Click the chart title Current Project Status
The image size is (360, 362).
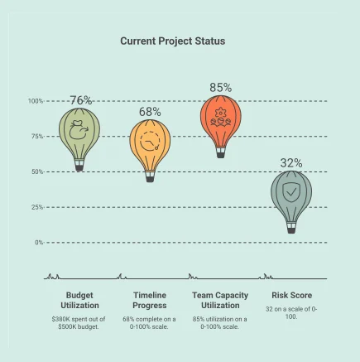(x=172, y=41)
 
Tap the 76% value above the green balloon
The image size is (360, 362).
(x=81, y=100)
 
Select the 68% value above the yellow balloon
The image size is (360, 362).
(x=151, y=112)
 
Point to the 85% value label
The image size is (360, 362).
(x=220, y=87)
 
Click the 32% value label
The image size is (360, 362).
(x=291, y=163)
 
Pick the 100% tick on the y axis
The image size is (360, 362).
(x=36, y=101)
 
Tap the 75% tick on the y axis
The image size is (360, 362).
(x=37, y=137)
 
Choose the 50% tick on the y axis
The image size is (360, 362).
(x=37, y=171)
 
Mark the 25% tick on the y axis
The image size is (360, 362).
(x=37, y=207)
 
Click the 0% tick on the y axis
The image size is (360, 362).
(x=39, y=242)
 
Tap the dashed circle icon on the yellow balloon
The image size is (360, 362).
(x=150, y=141)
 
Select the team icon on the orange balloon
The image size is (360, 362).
(x=219, y=116)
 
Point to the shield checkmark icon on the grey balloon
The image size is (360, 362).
(x=291, y=192)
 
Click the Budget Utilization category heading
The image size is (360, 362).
(x=81, y=300)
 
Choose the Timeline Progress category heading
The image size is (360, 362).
(x=151, y=300)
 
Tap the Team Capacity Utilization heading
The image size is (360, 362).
(x=219, y=300)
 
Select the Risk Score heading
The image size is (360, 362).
(x=291, y=295)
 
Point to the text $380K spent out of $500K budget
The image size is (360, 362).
(x=81, y=322)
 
